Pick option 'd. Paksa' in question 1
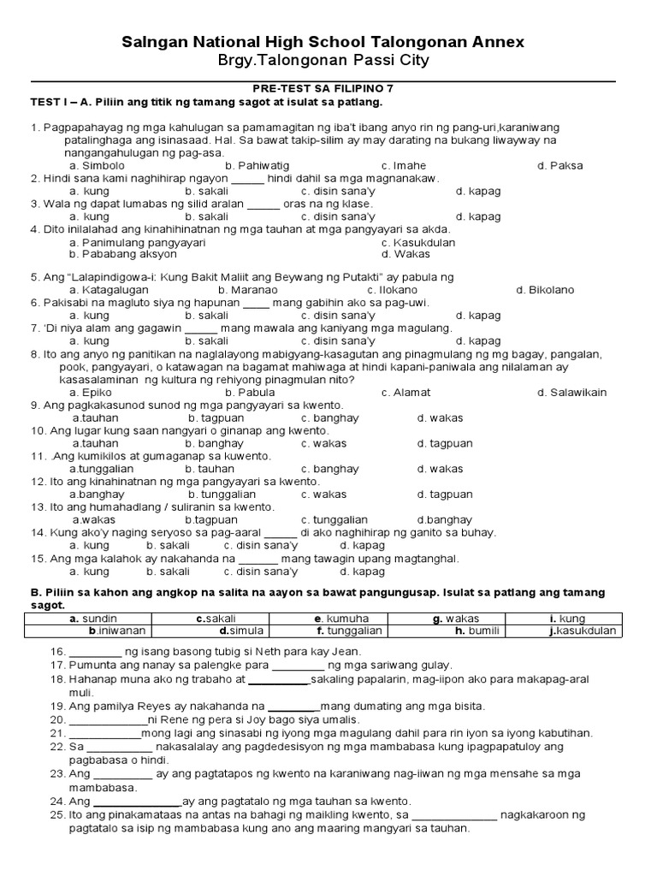[x=560, y=165]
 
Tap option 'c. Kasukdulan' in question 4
[x=418, y=242]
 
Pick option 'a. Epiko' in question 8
[x=92, y=393]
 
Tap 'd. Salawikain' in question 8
[x=571, y=393]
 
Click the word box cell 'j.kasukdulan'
[x=585, y=631]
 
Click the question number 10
[x=38, y=431]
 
